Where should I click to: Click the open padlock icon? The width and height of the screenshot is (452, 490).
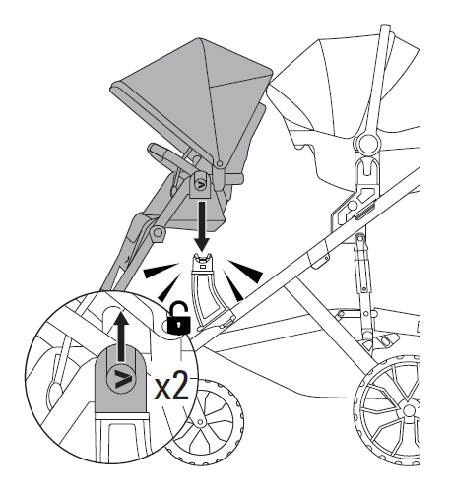pos(179,319)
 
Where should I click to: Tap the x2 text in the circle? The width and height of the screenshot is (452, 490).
pos(172,386)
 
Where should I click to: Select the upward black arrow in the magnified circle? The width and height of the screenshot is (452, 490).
pos(122,337)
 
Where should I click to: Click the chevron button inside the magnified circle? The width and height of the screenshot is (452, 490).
pos(121,379)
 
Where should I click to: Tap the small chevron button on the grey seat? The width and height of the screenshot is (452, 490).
pos(200,184)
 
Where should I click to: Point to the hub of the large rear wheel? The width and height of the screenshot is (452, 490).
pos(410,411)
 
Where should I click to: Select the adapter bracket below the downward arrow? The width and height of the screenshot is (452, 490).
pos(210,288)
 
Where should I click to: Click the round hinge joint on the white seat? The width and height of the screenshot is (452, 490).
pos(367,143)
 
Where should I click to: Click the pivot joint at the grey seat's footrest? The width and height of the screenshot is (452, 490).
pos(159,233)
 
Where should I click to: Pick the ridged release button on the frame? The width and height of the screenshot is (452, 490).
pos(365,211)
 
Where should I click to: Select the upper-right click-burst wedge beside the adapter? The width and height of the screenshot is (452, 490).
pos(245,271)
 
